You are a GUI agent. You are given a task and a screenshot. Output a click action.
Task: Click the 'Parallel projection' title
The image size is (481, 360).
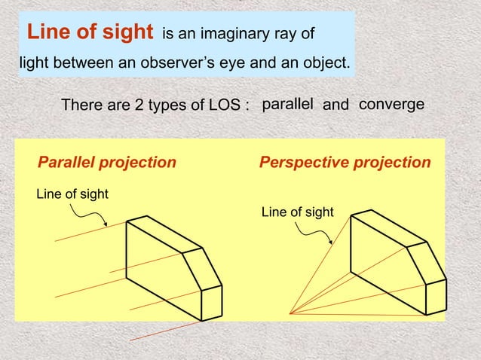(107, 163)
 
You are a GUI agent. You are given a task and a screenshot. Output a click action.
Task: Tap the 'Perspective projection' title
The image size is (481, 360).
(345, 163)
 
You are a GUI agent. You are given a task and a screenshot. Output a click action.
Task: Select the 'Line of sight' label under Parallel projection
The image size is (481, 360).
(72, 194)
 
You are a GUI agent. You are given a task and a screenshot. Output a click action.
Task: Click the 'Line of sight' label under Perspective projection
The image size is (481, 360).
(297, 212)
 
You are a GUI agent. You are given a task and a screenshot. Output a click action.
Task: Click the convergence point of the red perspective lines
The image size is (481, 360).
(289, 313)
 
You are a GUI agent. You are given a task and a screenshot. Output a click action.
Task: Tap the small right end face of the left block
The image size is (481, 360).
(212, 304)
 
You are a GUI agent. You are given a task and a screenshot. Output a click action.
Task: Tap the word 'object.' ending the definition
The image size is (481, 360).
(325, 62)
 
